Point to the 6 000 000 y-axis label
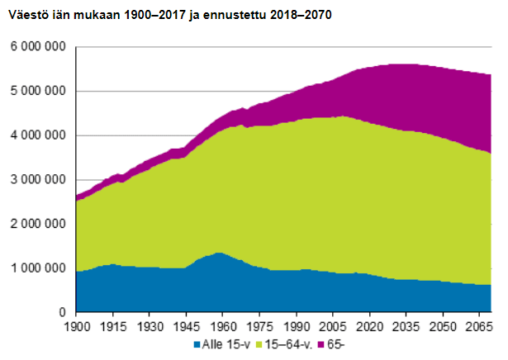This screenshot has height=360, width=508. point(38,47)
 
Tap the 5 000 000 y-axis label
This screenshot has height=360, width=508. point(38,92)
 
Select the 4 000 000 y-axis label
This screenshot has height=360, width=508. point(38,135)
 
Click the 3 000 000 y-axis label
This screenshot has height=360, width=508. point(38,180)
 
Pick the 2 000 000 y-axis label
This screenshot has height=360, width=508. point(38,225)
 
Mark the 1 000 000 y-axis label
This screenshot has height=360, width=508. point(38,269)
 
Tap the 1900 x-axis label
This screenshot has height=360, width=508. point(76,326)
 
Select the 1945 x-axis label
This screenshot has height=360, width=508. point(187,326)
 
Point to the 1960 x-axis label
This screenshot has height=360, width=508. point(223,326)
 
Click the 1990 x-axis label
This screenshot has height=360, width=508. point(297,326)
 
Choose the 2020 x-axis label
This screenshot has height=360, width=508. point(370,326)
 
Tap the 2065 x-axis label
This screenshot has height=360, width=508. point(480,326)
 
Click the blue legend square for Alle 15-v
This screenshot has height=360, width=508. point(197,344)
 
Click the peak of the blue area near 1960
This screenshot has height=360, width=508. point(218,253)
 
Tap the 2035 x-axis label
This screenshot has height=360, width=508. point(406,326)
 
